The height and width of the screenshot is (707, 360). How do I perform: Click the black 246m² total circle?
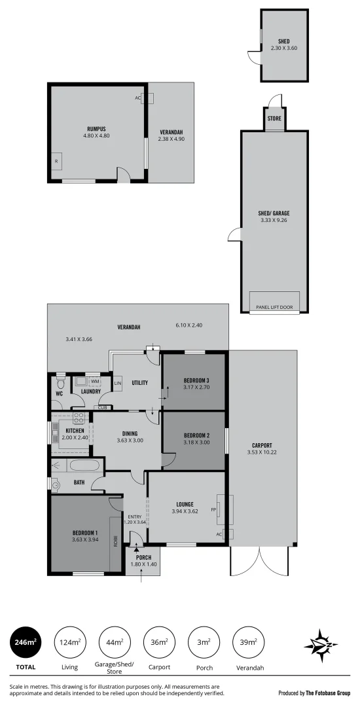tap(24, 644)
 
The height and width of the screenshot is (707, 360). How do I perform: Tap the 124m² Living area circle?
tap(69, 644)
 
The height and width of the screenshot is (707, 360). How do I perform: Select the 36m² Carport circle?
tap(160, 644)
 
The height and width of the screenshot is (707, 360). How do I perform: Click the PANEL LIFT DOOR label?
tap(274, 306)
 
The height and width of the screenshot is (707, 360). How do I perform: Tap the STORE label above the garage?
tap(274, 118)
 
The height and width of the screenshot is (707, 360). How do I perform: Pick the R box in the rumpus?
tap(56, 161)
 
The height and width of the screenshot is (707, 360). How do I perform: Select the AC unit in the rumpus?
tap(147, 98)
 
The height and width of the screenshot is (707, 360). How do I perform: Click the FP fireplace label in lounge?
tap(213, 509)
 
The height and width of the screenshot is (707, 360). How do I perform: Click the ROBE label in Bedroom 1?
tap(116, 541)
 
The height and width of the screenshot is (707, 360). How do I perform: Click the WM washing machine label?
tap(95, 381)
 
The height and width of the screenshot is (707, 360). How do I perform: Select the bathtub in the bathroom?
tap(84, 466)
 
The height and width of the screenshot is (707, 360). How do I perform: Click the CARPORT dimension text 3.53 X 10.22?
tap(262, 452)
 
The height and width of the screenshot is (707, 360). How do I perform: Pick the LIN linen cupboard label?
tap(118, 383)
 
